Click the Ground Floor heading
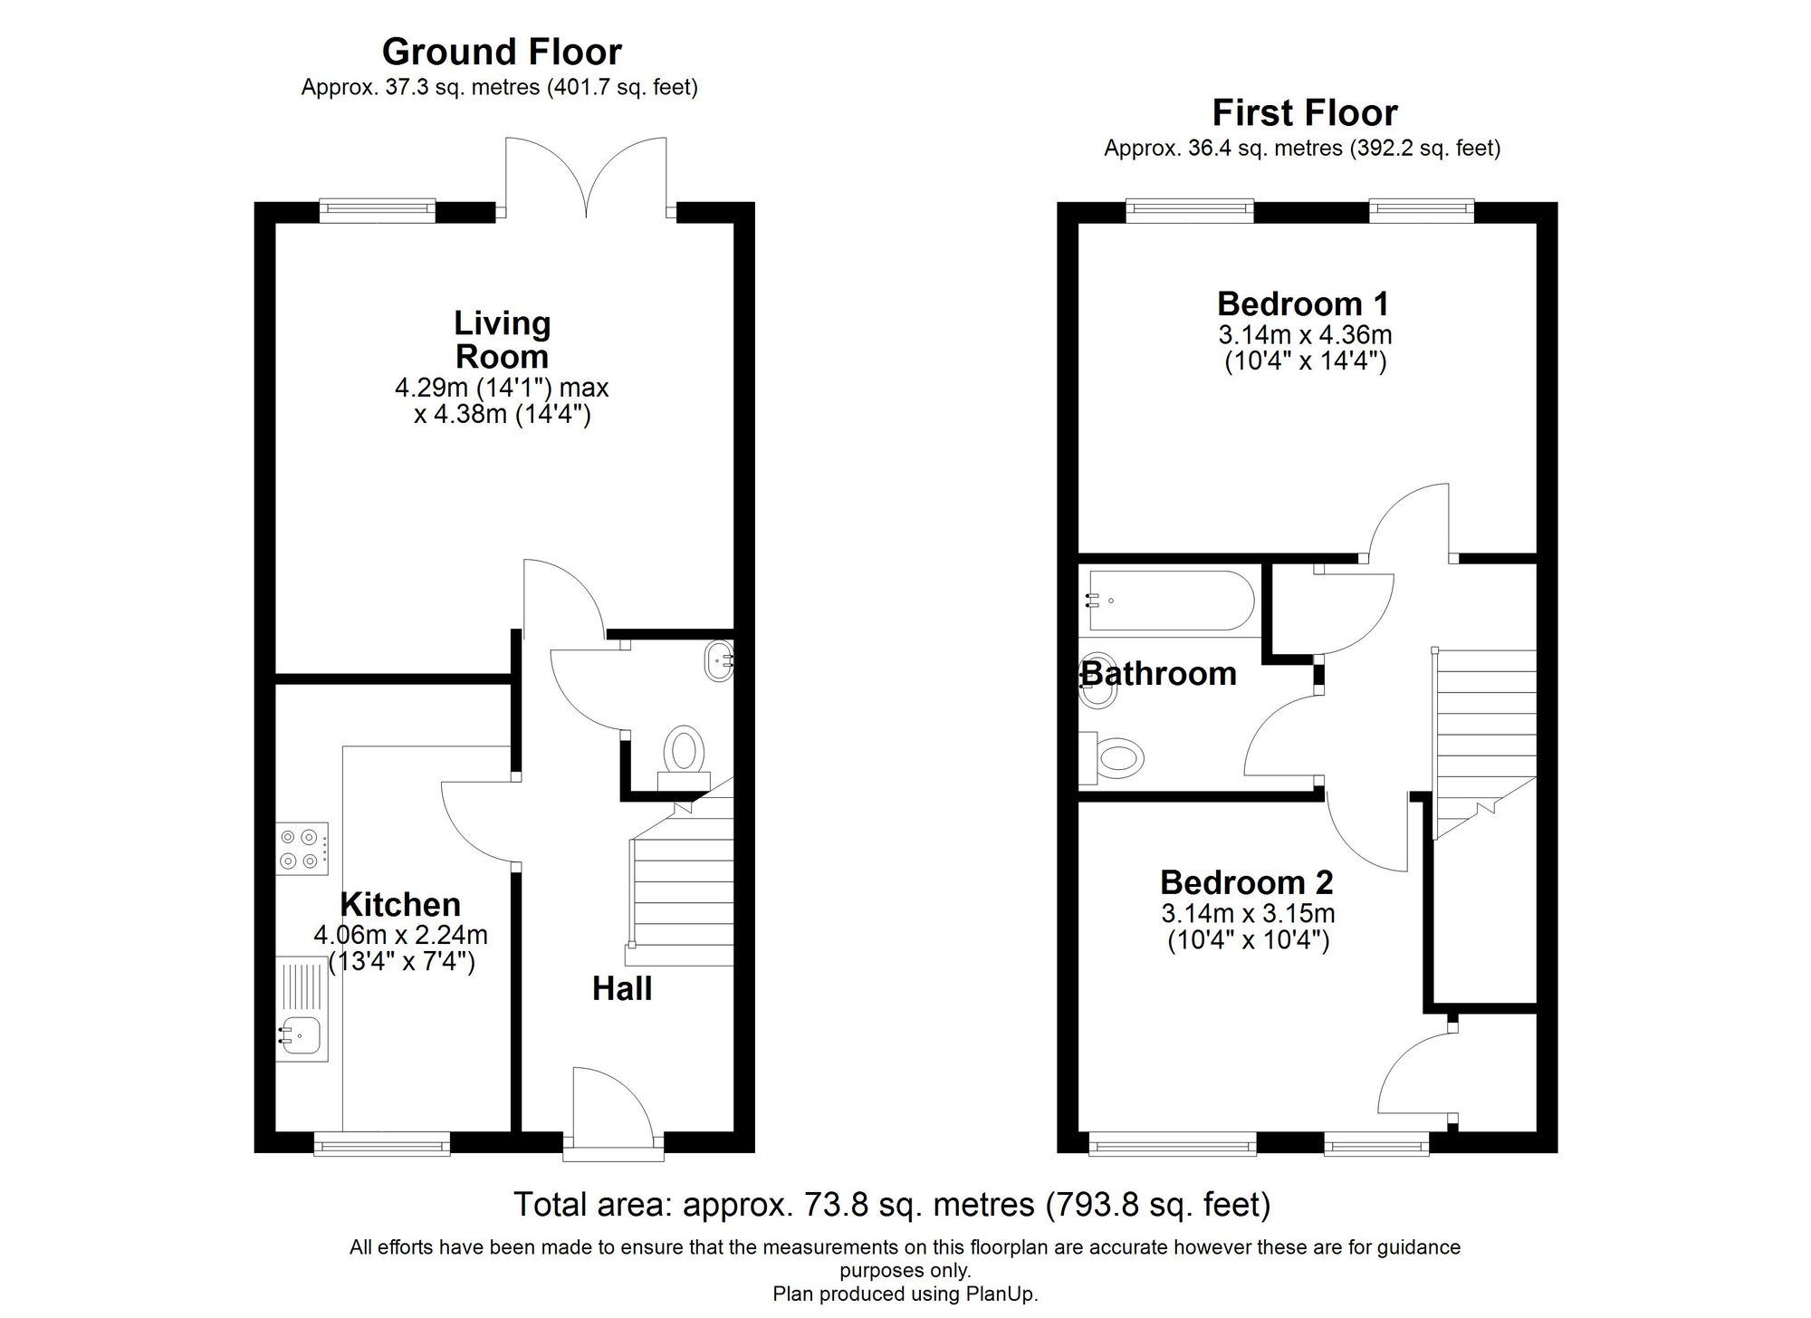502,53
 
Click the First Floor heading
1304,113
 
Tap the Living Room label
502,340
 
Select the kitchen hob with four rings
302,849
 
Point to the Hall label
622,988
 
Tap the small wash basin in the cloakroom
719,661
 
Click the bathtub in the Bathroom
1172,601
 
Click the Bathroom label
1159,674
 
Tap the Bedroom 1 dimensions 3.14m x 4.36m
1304,335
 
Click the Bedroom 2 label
1246,882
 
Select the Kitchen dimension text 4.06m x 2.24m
400,934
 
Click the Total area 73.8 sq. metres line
892,1205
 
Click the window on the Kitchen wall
382,1146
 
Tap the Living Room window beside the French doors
378,211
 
